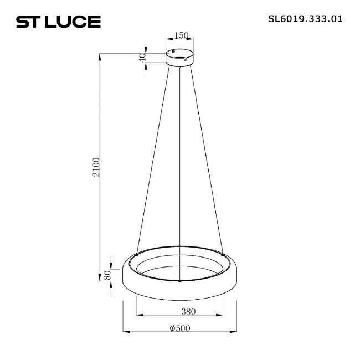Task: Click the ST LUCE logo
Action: pyautogui.click(x=58, y=22)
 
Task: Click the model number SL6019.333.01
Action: pyautogui.click(x=305, y=18)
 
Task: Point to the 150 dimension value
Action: pyautogui.click(x=181, y=36)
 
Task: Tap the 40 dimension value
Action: pyautogui.click(x=142, y=58)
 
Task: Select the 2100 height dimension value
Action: pyautogui.click(x=96, y=167)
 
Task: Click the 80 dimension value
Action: pyautogui.click(x=109, y=274)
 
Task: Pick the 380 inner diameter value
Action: pyautogui.click(x=179, y=311)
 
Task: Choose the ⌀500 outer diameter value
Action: pyautogui.click(x=179, y=328)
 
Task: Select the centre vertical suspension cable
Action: pyautogui.click(x=181, y=166)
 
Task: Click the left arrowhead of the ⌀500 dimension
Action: pyautogui.click(x=124, y=332)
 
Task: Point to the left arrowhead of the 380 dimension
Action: pyautogui.click(x=138, y=316)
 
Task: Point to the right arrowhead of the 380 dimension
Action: pyautogui.click(x=223, y=316)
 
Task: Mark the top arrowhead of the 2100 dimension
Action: pyautogui.click(x=100, y=55)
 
